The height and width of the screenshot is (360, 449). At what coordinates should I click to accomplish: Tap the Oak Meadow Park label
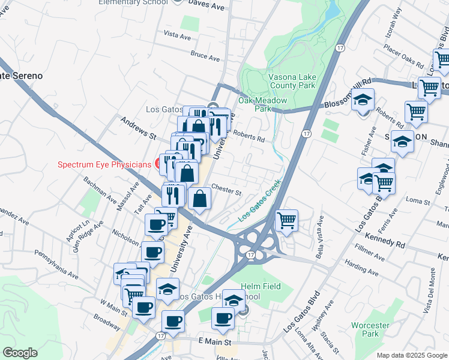pyautogui.click(x=263, y=104)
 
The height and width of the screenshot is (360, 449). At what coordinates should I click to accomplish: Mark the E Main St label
pyautogui.click(x=214, y=341)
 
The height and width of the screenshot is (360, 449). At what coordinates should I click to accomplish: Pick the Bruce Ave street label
pyautogui.click(x=205, y=56)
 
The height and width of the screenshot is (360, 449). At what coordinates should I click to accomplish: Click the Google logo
pyautogui.click(x=20, y=353)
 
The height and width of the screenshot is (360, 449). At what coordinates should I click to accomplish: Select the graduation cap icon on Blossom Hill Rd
pyautogui.click(x=363, y=99)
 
